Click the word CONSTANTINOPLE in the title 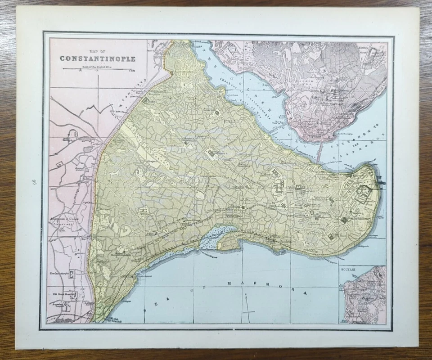pos(97,58)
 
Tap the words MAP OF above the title pos(97,50)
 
